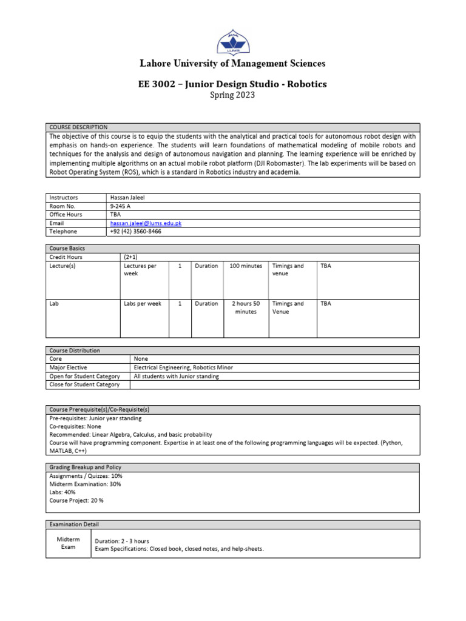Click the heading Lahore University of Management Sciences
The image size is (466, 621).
click(232, 64)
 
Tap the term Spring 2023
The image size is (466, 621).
click(232, 95)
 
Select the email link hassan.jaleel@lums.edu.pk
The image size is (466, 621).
click(146, 223)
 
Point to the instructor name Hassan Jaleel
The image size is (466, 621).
click(129, 198)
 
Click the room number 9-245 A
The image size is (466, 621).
click(121, 206)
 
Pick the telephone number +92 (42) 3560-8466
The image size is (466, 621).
click(136, 232)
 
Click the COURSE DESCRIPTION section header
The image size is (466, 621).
click(78, 127)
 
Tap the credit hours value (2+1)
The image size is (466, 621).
click(132, 257)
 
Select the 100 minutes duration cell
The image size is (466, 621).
click(246, 266)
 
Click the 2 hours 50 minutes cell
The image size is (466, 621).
click(246, 307)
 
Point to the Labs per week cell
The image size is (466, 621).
click(142, 304)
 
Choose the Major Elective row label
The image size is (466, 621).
click(68, 368)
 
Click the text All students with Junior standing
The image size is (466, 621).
click(176, 376)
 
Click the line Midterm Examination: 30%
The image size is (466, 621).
click(85, 484)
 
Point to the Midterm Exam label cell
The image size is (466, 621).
click(68, 543)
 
